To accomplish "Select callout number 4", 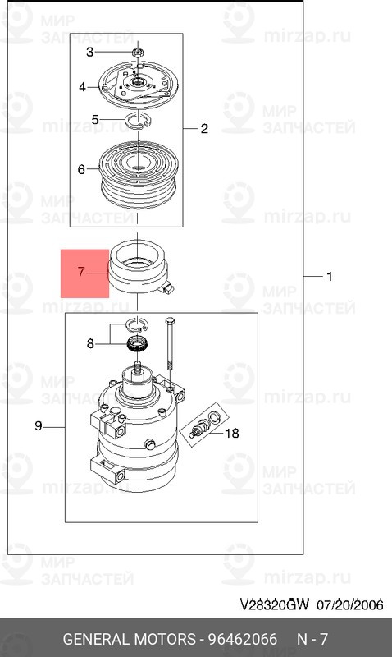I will click(82, 87).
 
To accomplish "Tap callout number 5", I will click(95, 120).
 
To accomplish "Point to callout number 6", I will click(81, 170).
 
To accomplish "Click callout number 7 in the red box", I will click(81, 269).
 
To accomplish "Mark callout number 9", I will click(38, 425).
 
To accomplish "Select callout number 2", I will click(204, 129).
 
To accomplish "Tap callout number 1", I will click(330, 278).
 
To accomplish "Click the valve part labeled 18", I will click(199, 428).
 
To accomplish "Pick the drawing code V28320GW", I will click(274, 605).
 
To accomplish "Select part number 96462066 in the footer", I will click(244, 639).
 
